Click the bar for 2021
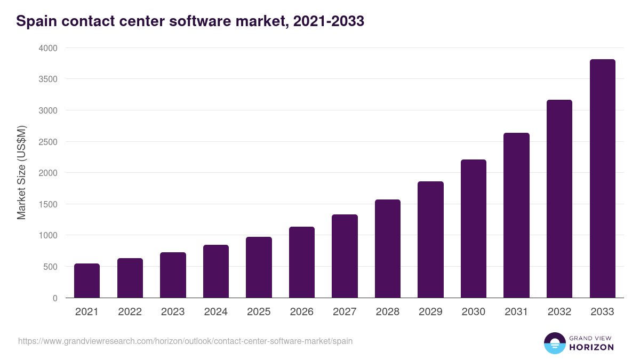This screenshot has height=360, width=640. coord(87,281)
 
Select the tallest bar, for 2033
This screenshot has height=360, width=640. coord(602,179)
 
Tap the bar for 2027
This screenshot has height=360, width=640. coord(345,256)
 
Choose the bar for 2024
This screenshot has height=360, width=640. coord(216,271)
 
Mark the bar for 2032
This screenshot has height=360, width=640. coord(559,198)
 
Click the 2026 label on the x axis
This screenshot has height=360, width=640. coord(302,312)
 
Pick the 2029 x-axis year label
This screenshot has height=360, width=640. coord(430,312)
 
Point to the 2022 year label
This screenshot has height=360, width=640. coord(130,312)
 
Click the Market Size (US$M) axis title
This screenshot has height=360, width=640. coord(21,172)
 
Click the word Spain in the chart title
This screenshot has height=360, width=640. coord(34,21)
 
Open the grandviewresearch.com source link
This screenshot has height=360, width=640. coord(185,341)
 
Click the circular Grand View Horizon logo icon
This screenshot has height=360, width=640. coord(555,343)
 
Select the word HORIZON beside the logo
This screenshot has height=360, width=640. coord(591,347)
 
